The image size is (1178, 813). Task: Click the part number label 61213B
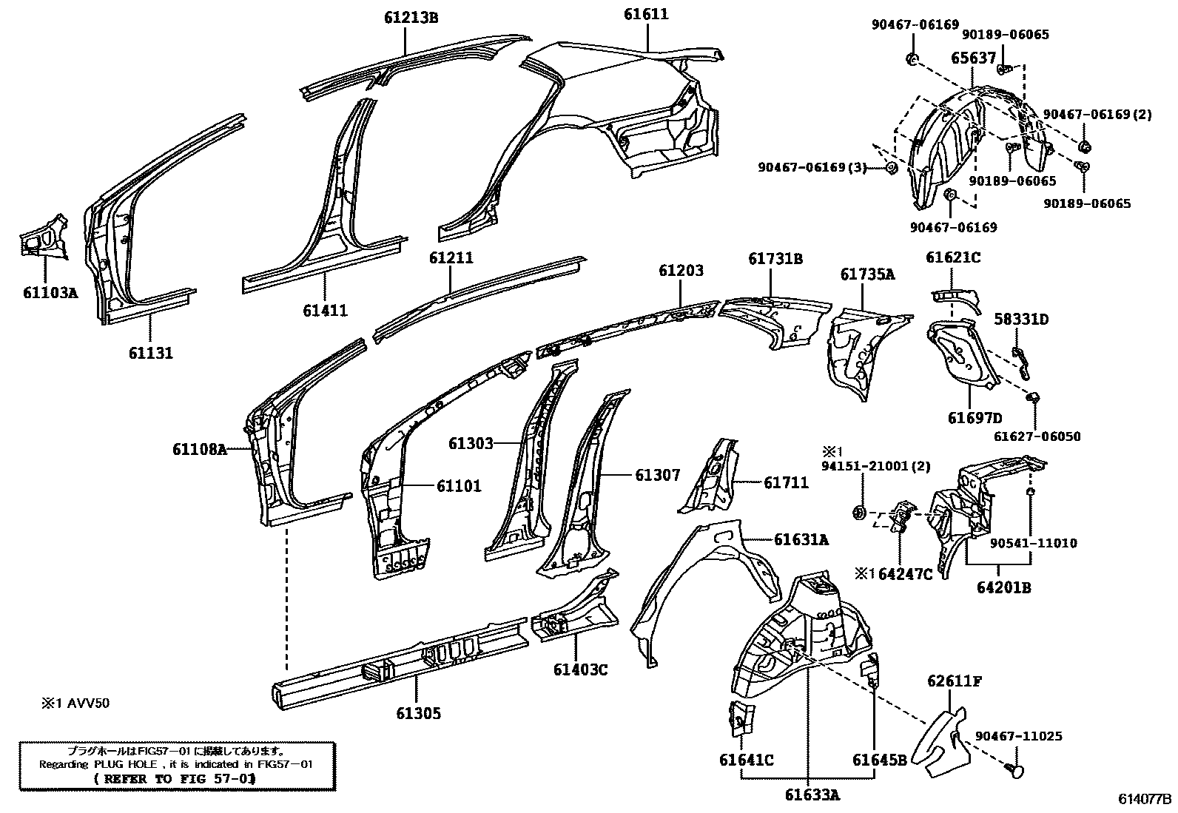pyautogui.click(x=411, y=18)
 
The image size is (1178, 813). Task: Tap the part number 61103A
pyautogui.click(x=50, y=292)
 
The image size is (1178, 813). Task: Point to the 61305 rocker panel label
pyautogui.click(x=418, y=713)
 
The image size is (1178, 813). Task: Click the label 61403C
pyautogui.click(x=580, y=670)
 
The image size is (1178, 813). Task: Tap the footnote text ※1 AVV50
pyautogui.click(x=75, y=703)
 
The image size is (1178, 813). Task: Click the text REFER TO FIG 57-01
pyautogui.click(x=175, y=779)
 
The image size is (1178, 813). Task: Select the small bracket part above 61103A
pyautogui.click(x=44, y=237)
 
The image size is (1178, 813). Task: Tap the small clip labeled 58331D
pyautogui.click(x=1020, y=361)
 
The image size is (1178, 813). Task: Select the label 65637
pyautogui.click(x=973, y=58)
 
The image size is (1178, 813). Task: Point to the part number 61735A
pyautogui.click(x=867, y=275)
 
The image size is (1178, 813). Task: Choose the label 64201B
pyautogui.click(x=1003, y=587)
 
